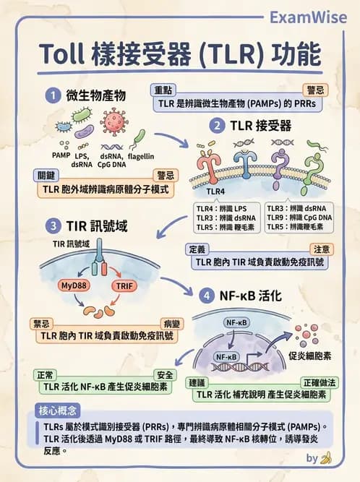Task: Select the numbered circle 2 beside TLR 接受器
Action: (x=216, y=126)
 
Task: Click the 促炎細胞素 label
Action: (x=309, y=356)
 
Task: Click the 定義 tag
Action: (x=197, y=248)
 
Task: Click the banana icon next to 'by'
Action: (x=326, y=457)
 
